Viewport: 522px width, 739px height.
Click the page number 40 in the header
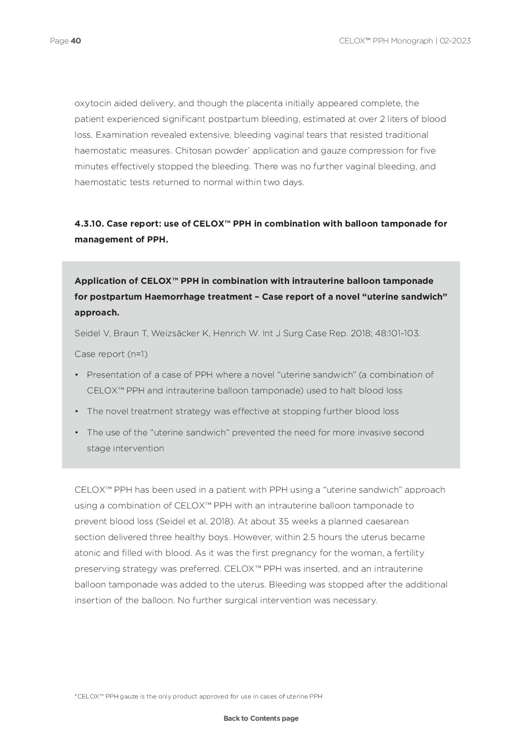tap(75, 41)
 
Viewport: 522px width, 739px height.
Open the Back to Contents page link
tap(261, 718)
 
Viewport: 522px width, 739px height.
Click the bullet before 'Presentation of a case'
tap(77, 375)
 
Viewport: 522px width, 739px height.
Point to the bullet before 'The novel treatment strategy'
tap(77, 411)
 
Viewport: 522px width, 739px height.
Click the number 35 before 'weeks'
tap(284, 521)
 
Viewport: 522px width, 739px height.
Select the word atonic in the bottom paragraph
tap(88, 553)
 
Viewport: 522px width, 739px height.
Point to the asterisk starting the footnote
tap(76, 696)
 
